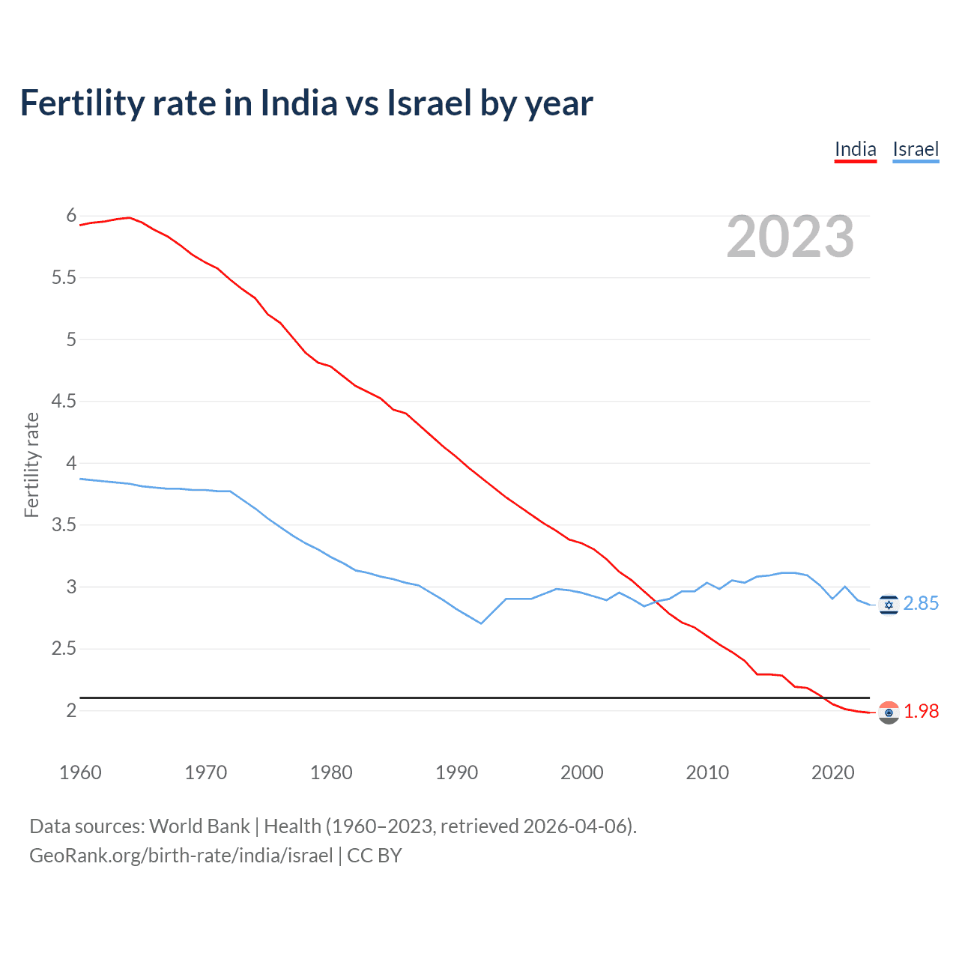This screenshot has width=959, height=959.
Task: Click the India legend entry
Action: coord(855,149)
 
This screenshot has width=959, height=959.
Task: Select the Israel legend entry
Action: coord(916,149)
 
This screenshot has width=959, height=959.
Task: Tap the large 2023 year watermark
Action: coord(790,237)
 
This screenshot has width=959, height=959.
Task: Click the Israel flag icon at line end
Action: coord(889,604)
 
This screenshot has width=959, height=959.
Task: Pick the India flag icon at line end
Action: coord(889,713)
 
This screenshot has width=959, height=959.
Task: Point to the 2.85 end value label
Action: coord(921,604)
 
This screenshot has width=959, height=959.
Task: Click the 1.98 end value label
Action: coord(921,712)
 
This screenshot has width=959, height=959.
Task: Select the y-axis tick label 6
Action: coord(71,216)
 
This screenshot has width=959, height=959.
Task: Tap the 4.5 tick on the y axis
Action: coord(64,402)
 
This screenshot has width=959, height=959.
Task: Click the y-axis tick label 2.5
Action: coord(64,649)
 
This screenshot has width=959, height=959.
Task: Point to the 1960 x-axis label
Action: coord(80,772)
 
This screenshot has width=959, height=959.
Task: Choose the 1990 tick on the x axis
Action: coord(456,772)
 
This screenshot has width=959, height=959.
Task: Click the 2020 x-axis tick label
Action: coord(832,772)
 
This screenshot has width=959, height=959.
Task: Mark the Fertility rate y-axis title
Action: coord(31,465)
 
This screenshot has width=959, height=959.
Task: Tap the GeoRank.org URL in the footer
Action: coord(181,856)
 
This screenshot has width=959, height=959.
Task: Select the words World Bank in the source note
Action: coord(199,826)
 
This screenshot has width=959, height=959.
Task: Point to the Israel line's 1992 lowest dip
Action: coord(481,623)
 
